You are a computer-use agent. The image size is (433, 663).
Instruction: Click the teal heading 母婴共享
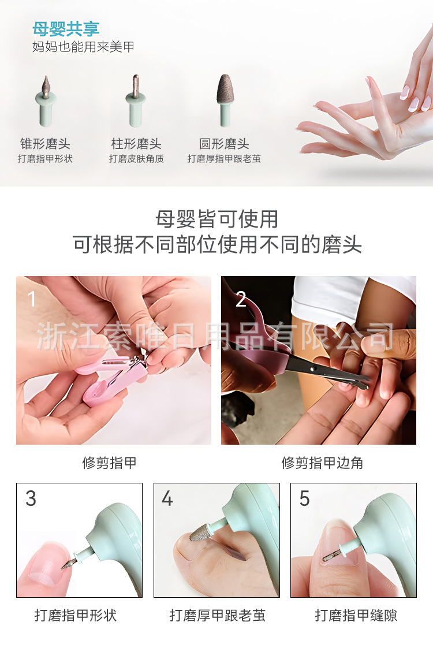pos(66,29)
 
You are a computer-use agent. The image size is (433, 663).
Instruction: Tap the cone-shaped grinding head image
pos(46,101)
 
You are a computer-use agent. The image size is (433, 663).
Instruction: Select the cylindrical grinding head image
pos(136,100)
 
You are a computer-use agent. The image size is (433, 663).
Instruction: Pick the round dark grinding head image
pos(225,100)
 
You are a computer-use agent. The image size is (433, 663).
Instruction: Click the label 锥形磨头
pos(45,144)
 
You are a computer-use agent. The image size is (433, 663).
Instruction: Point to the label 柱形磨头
pos(136,144)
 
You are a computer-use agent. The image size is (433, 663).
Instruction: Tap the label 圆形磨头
pos(224,144)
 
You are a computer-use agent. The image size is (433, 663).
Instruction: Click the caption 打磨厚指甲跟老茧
pos(224,159)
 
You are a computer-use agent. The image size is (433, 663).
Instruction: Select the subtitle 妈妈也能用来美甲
pos(83,47)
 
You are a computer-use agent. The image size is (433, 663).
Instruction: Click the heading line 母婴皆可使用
pos(216,219)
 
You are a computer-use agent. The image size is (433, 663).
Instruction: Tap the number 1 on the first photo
pos(31,299)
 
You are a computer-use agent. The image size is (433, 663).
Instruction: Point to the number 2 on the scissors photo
pos(241,299)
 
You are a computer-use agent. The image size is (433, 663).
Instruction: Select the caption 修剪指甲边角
pos(322,463)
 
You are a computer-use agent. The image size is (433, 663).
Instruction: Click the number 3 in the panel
pos(31,498)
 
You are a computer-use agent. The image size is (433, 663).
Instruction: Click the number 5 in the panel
pos(304,498)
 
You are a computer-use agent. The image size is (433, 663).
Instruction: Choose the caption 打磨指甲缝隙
pos(356,615)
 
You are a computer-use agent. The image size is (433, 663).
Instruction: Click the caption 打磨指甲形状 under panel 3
pos(75,615)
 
